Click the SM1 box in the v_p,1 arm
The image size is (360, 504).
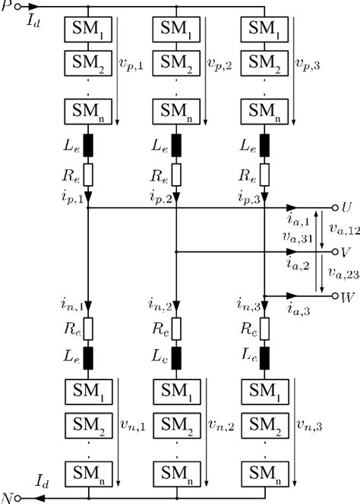[90, 30]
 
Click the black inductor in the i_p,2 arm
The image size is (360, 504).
[178, 143]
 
